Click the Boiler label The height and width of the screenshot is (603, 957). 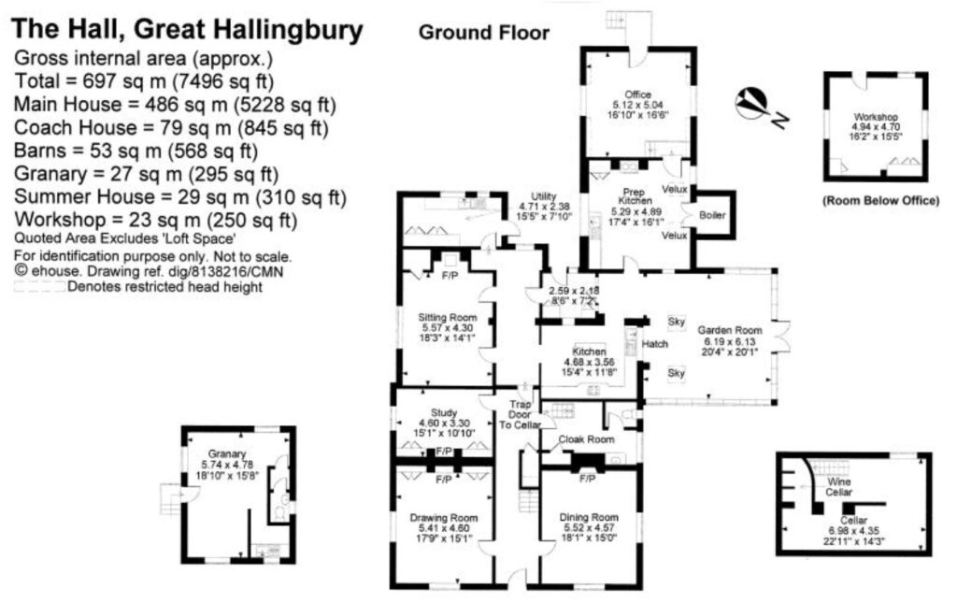(711, 215)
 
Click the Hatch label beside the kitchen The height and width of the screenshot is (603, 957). (655, 344)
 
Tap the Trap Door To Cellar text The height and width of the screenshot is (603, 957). (519, 415)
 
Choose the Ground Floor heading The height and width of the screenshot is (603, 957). (483, 34)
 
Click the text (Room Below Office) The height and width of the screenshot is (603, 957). (879, 201)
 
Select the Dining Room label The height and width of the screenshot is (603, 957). (589, 517)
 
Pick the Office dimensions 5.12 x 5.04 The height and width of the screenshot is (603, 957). (638, 105)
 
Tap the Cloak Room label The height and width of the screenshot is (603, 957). (585, 438)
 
